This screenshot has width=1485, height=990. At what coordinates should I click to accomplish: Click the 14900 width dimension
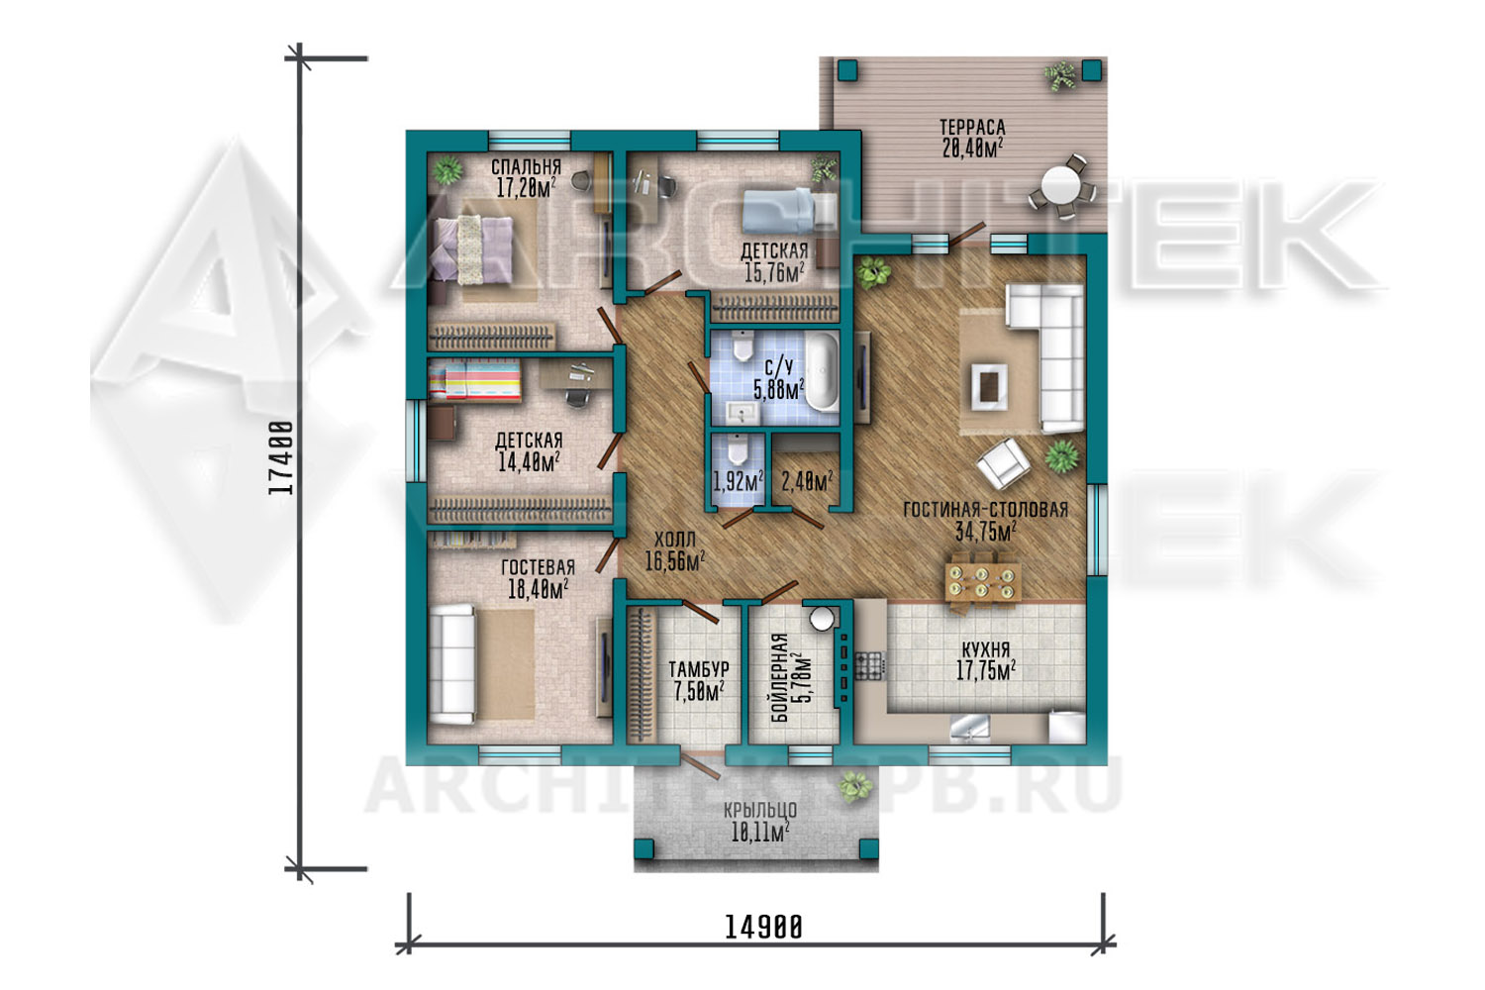tap(763, 927)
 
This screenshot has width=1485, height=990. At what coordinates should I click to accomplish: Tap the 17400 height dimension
tap(280, 458)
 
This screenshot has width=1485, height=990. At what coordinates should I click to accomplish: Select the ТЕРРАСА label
tap(972, 127)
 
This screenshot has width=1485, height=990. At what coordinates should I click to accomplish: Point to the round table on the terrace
tap(1059, 185)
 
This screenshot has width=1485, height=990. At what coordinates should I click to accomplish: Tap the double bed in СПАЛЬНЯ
tap(473, 249)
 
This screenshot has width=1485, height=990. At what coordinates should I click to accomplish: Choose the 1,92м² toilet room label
tap(738, 481)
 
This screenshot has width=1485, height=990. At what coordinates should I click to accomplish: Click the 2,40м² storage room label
tap(807, 481)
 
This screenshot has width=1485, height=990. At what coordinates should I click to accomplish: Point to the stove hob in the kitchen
tap(870, 665)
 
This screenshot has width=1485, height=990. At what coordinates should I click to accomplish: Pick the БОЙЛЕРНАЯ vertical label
tap(781, 678)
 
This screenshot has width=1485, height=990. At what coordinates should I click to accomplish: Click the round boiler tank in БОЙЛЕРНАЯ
tap(822, 619)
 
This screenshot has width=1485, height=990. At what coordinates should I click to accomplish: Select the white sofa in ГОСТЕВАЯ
tap(452, 663)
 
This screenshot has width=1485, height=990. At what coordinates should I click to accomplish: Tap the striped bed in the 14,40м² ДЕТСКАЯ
tap(474, 380)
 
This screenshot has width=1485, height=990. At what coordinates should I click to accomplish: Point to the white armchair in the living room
tap(1003, 462)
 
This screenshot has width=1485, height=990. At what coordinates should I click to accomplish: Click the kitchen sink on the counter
tap(969, 727)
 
